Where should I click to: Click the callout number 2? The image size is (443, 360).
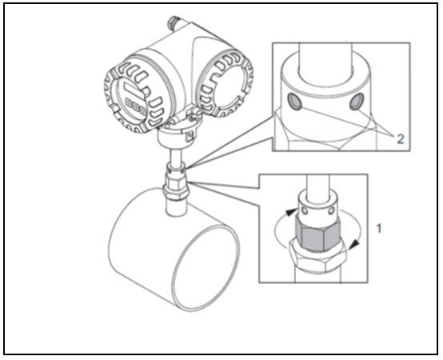[x=401, y=138]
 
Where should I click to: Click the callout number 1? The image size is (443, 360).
[x=379, y=228]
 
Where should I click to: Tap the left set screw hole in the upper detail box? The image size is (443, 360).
[x=295, y=102]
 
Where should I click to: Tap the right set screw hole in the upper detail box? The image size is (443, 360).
[x=357, y=102]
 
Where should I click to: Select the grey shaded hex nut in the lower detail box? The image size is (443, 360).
[x=317, y=233]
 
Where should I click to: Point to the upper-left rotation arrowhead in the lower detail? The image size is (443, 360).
[x=292, y=212]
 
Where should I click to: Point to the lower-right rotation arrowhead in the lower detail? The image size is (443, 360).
[x=354, y=245]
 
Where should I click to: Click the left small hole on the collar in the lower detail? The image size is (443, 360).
[x=305, y=210]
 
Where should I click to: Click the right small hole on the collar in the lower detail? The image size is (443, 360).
[x=331, y=210]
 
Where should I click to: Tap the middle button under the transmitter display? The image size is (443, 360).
[x=136, y=108]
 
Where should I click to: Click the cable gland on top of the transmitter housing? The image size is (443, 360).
[x=174, y=23]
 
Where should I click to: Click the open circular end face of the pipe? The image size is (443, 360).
[x=206, y=268]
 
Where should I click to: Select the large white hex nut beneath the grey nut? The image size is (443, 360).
[x=317, y=257]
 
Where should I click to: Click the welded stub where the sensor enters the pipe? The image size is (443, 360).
[x=175, y=208]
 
